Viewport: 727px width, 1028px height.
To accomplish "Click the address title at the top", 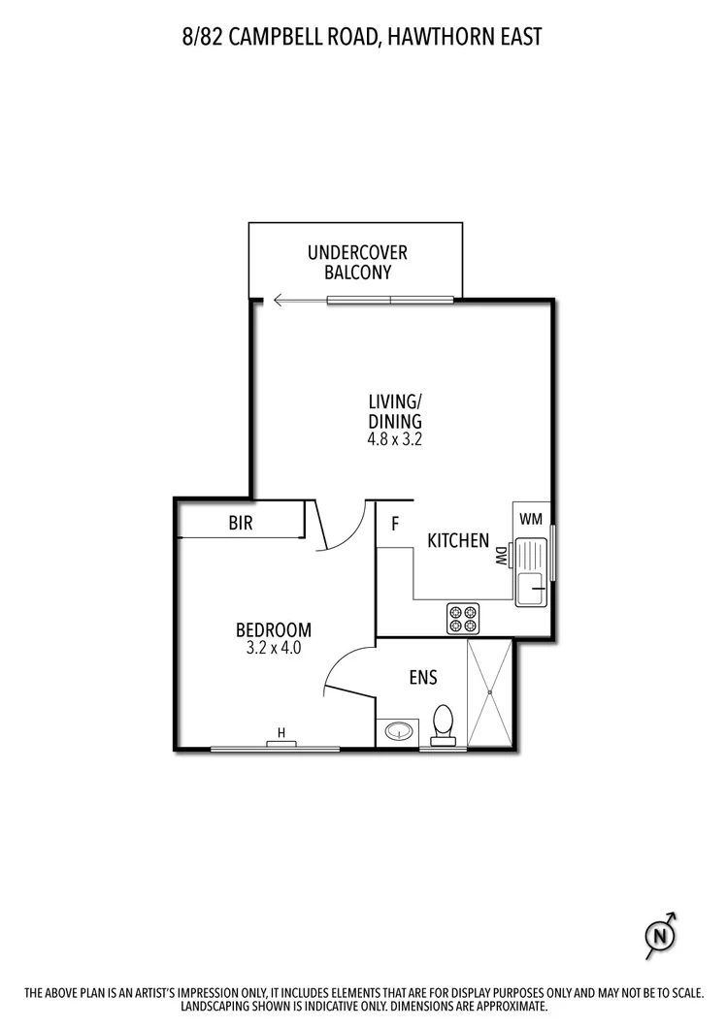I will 363,37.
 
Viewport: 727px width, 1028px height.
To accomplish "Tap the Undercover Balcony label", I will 357,263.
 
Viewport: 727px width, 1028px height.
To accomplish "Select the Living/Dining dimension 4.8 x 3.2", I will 394,438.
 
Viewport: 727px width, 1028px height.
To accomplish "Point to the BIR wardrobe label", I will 241,524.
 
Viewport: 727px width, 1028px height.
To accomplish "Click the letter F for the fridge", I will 395,525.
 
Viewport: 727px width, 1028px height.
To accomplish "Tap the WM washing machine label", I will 530,519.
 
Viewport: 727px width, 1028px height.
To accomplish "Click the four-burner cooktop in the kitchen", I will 463,619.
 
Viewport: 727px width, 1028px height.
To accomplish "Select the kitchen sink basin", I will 530,588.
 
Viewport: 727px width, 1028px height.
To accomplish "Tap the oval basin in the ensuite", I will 396,730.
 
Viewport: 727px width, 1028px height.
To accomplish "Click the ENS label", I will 422,678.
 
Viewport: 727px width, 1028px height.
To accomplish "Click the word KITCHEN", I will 458,540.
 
